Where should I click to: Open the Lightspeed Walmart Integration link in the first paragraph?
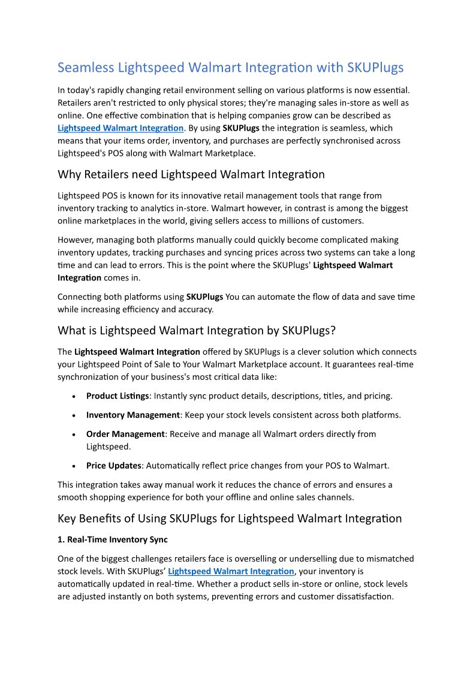point(120,128)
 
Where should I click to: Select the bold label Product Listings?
point(118,396)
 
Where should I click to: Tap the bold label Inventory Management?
point(133,415)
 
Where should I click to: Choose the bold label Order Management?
point(125,434)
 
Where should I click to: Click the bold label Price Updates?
point(113,465)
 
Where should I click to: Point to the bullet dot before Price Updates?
point(73,466)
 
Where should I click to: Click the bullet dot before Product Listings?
point(73,397)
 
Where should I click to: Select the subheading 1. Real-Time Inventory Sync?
point(113,539)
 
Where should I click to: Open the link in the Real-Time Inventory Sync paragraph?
point(231,571)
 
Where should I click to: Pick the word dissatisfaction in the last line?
point(357,596)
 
